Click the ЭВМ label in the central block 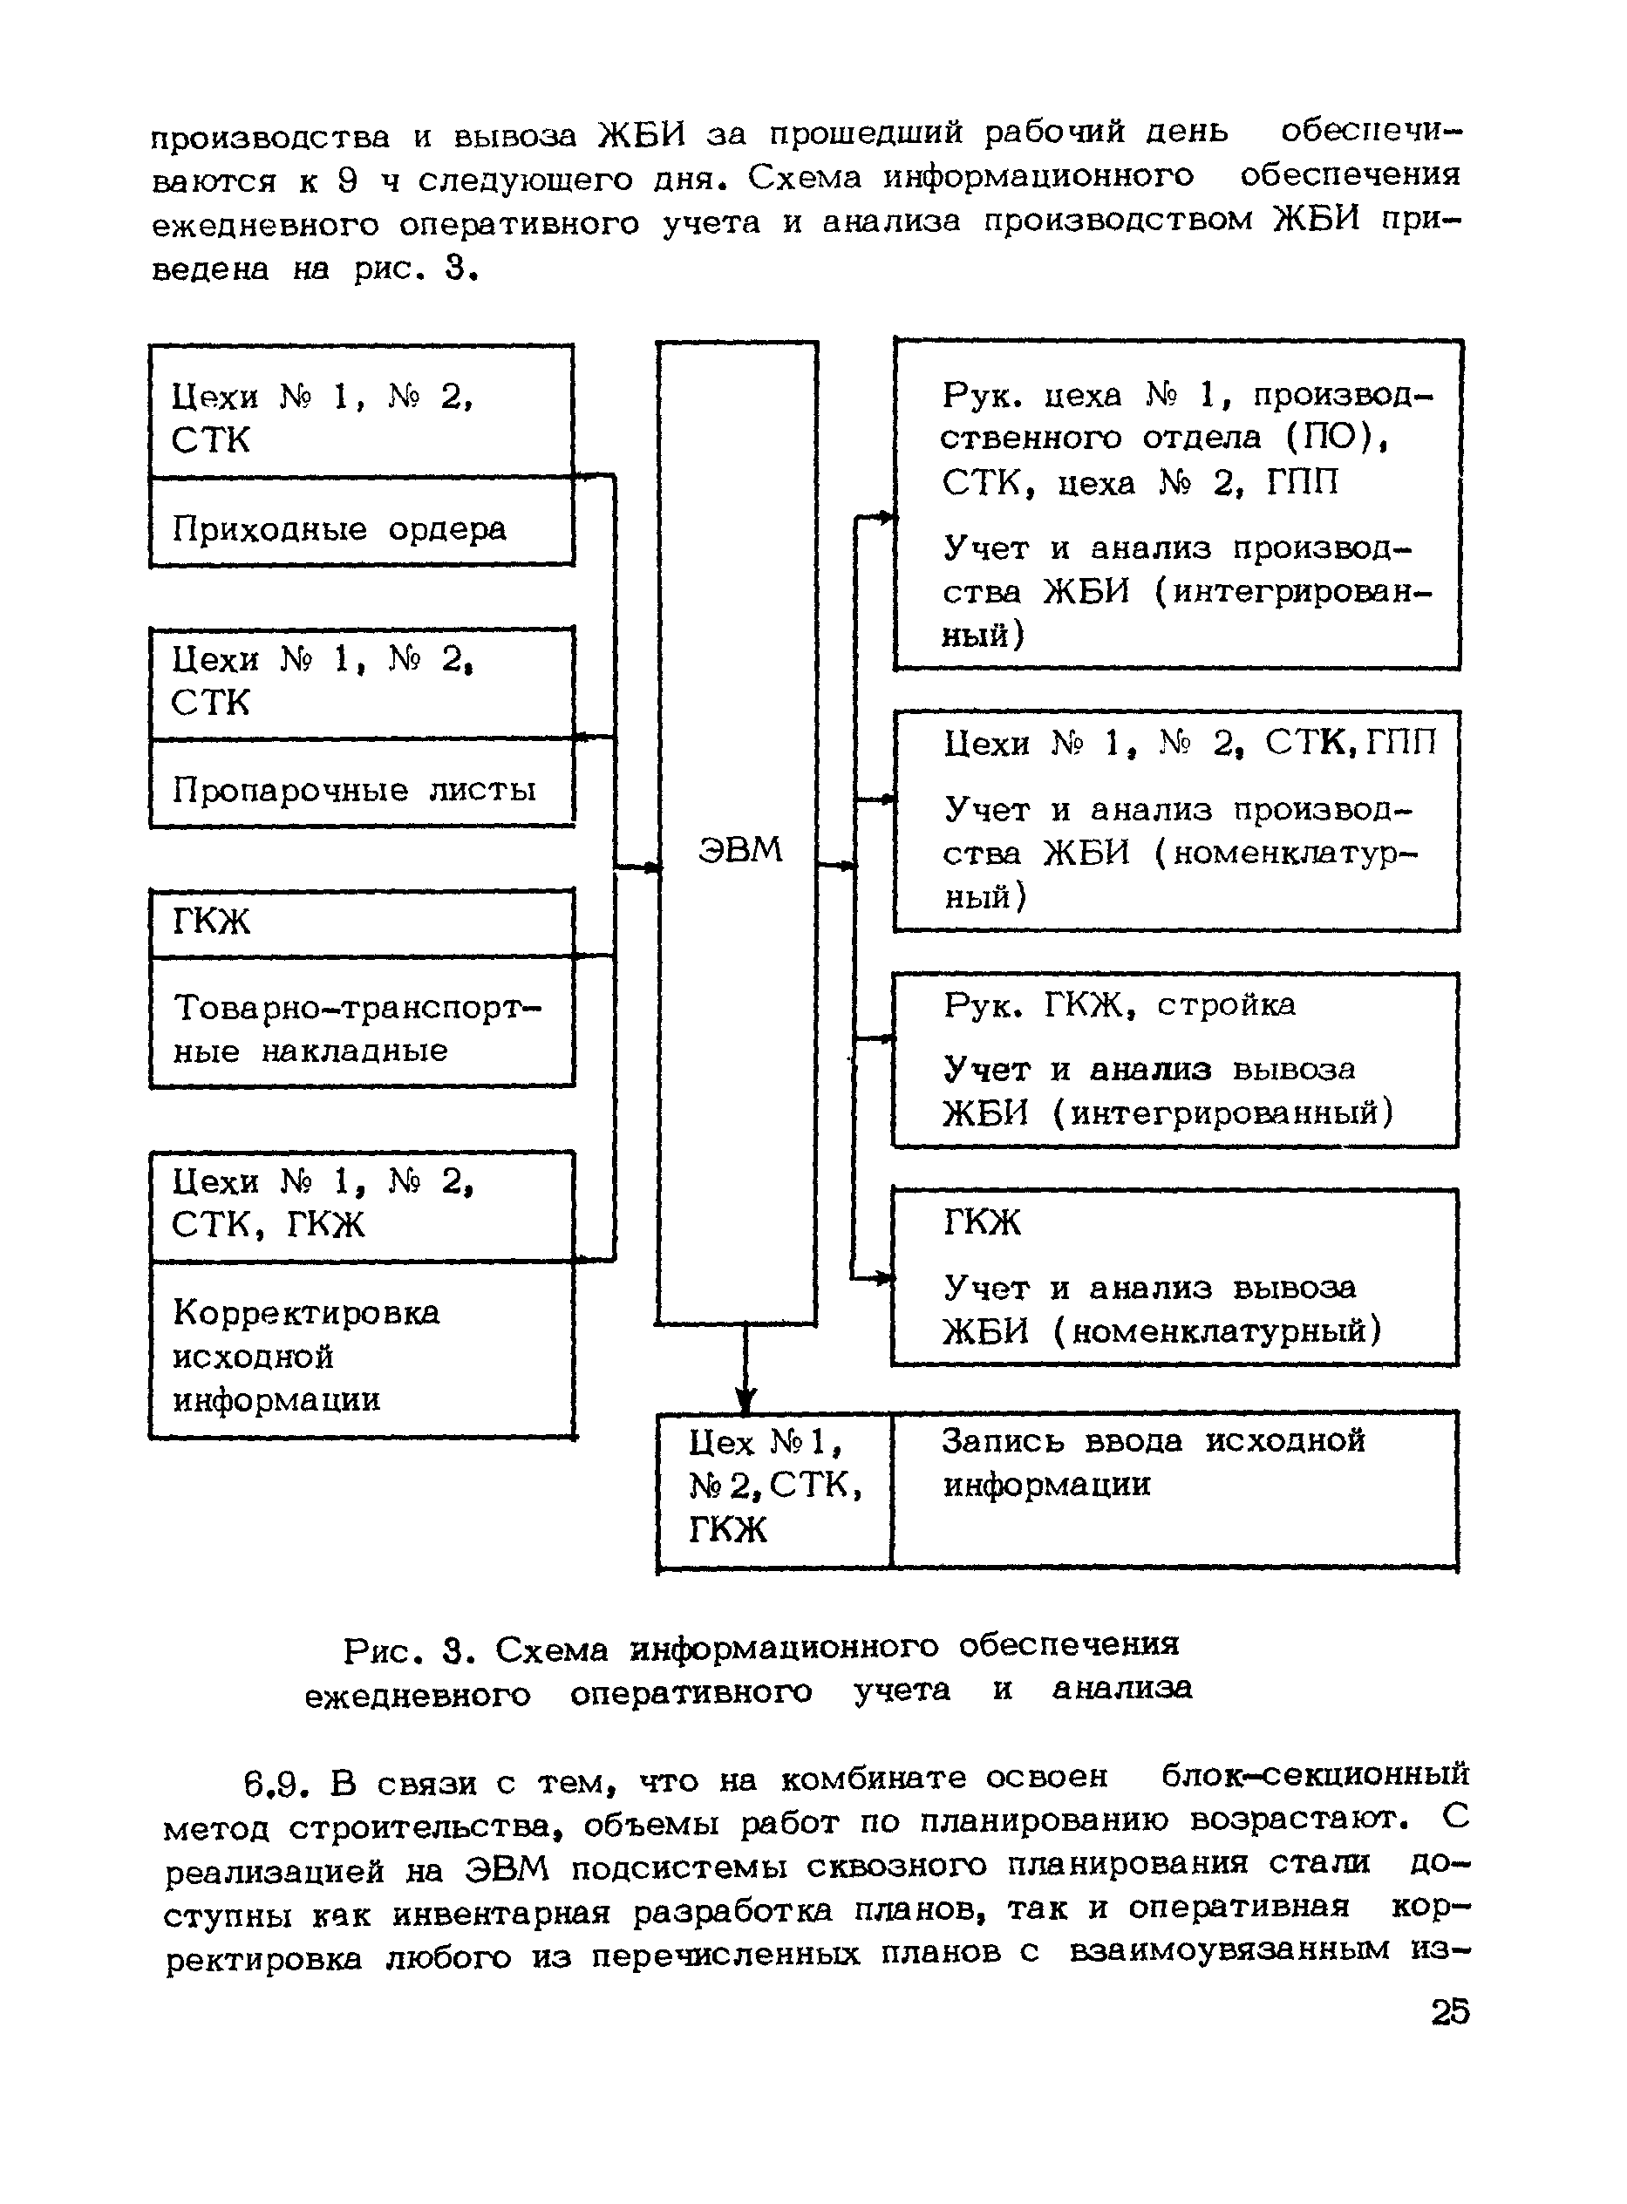click(739, 849)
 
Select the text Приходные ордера click(339, 530)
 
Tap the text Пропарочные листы click(354, 790)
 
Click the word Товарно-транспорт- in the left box click(357, 1009)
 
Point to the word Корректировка click(306, 1313)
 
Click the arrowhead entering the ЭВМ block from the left click(651, 867)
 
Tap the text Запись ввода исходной click(1154, 1441)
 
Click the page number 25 click(1450, 2011)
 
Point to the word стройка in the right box click(1226, 1004)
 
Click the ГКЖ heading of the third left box click(212, 922)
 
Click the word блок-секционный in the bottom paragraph click(1315, 1775)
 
